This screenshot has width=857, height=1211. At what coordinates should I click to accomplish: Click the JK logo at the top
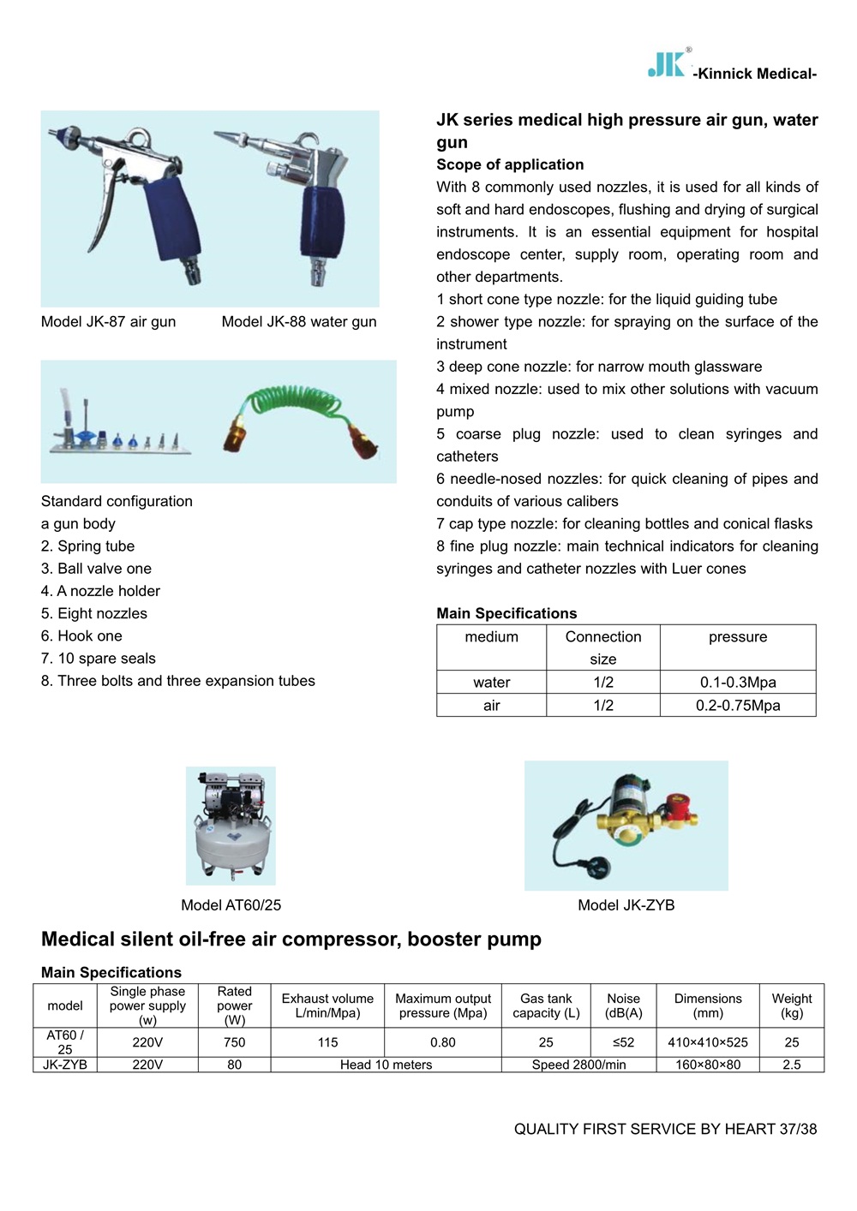(x=667, y=64)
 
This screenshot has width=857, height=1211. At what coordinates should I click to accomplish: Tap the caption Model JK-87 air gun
(x=108, y=322)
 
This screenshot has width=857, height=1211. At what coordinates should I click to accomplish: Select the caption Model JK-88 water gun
(x=299, y=322)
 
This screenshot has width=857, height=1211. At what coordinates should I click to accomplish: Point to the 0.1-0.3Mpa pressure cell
(x=738, y=683)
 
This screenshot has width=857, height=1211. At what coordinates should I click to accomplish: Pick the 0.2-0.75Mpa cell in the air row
(x=738, y=706)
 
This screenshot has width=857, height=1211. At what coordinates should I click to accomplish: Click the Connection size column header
(x=603, y=647)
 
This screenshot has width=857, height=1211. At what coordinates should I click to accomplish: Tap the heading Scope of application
(x=510, y=164)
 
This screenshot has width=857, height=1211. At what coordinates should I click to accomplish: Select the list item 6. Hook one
(x=81, y=635)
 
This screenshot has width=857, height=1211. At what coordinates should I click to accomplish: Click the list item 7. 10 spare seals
(x=99, y=659)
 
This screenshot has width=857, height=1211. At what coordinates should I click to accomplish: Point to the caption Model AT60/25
(x=231, y=905)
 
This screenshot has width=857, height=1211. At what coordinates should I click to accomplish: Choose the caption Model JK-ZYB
(x=626, y=905)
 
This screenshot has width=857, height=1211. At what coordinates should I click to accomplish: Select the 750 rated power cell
(x=234, y=1042)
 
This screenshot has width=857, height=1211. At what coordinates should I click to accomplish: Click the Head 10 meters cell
(x=386, y=1065)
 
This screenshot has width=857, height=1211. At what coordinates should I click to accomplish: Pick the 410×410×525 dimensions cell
(x=708, y=1042)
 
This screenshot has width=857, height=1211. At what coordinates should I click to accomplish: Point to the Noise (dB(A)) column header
(x=623, y=1005)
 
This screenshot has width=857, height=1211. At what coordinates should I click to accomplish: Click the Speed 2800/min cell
(x=578, y=1065)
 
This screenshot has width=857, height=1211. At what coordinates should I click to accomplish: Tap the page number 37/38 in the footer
(x=798, y=1129)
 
